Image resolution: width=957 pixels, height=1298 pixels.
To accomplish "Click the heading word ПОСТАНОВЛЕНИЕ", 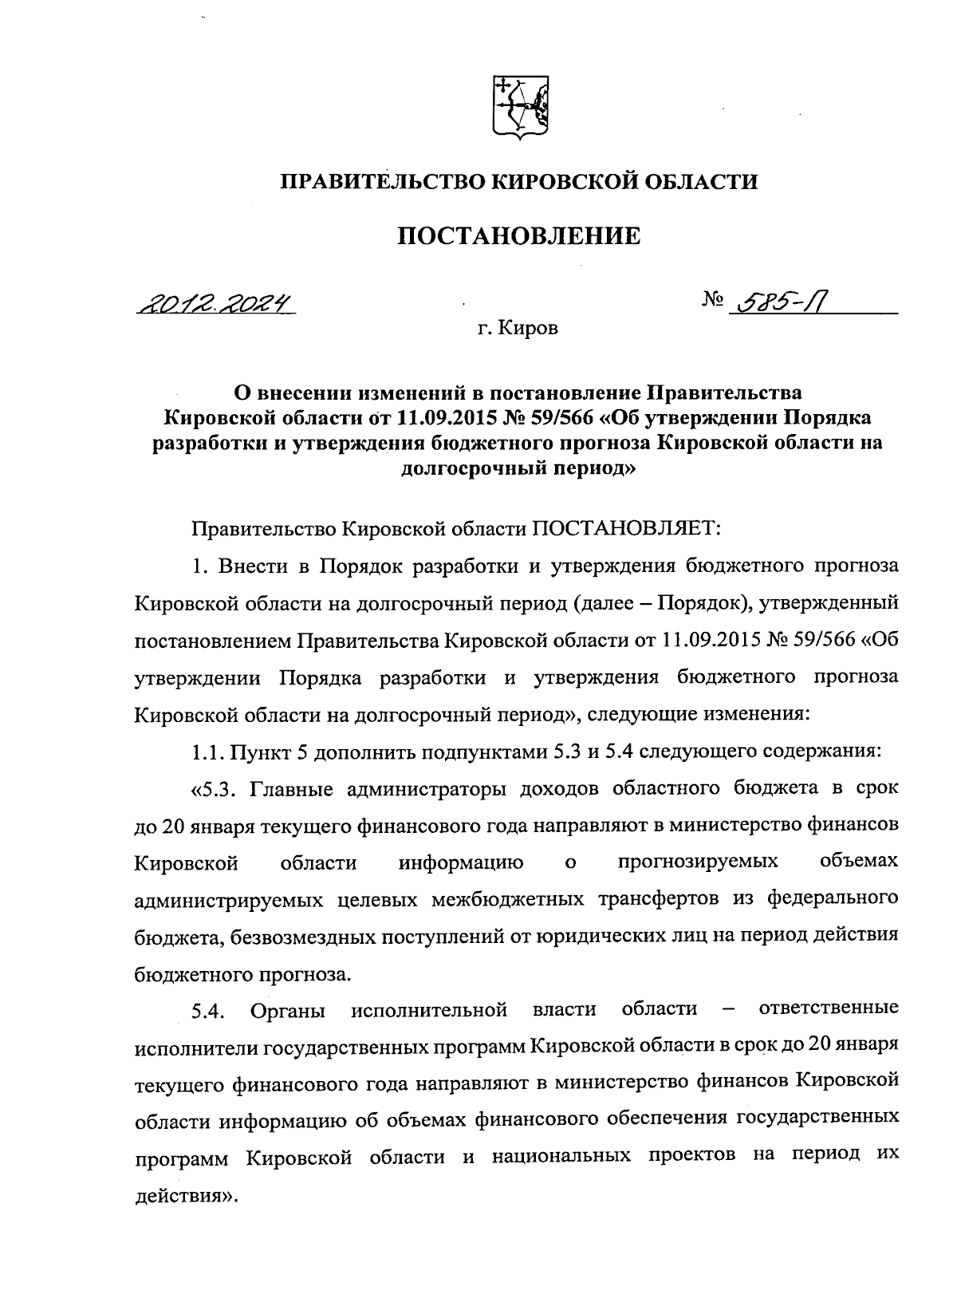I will [518, 235].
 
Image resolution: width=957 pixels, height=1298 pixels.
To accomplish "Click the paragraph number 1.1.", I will [208, 752].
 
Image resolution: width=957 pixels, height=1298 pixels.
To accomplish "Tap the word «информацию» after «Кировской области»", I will [460, 862].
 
